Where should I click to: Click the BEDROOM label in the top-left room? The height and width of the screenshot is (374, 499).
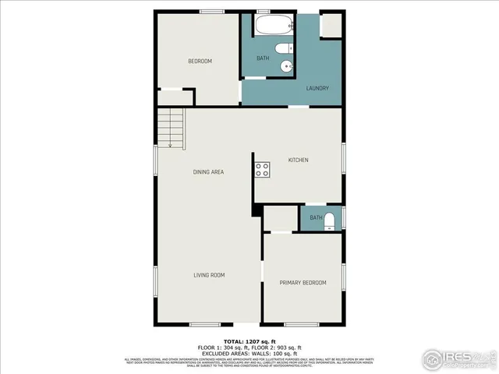click(200, 61)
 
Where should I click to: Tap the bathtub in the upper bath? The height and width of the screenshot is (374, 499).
click(273, 26)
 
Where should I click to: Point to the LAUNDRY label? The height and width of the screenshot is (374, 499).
click(317, 88)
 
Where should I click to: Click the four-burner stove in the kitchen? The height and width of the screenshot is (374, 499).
click(261, 170)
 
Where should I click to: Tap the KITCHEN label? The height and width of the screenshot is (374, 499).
click(299, 160)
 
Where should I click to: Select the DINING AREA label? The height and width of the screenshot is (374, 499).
click(209, 171)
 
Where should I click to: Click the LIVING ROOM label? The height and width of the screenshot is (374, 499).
click(209, 274)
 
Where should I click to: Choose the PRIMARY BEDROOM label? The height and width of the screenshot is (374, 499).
click(303, 282)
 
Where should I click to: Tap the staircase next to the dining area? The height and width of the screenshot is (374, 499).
click(171, 128)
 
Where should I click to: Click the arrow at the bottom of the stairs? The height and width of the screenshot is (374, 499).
click(171, 143)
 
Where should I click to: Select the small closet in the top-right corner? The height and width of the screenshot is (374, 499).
click(331, 25)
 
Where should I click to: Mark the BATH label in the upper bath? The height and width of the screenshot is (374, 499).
click(264, 58)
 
